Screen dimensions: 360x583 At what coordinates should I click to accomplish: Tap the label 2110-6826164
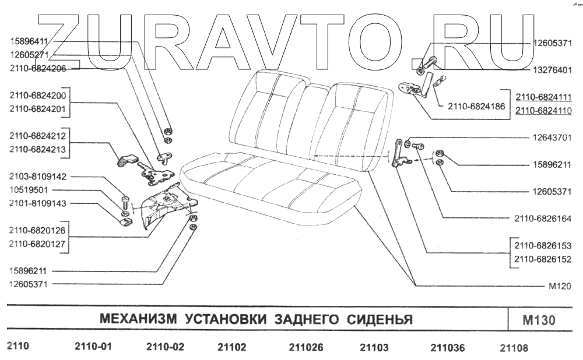[544, 219]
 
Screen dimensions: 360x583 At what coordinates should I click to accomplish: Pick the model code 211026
[306, 348]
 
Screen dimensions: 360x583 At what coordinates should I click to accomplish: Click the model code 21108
[514, 348]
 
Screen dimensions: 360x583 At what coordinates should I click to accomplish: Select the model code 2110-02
[164, 348]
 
